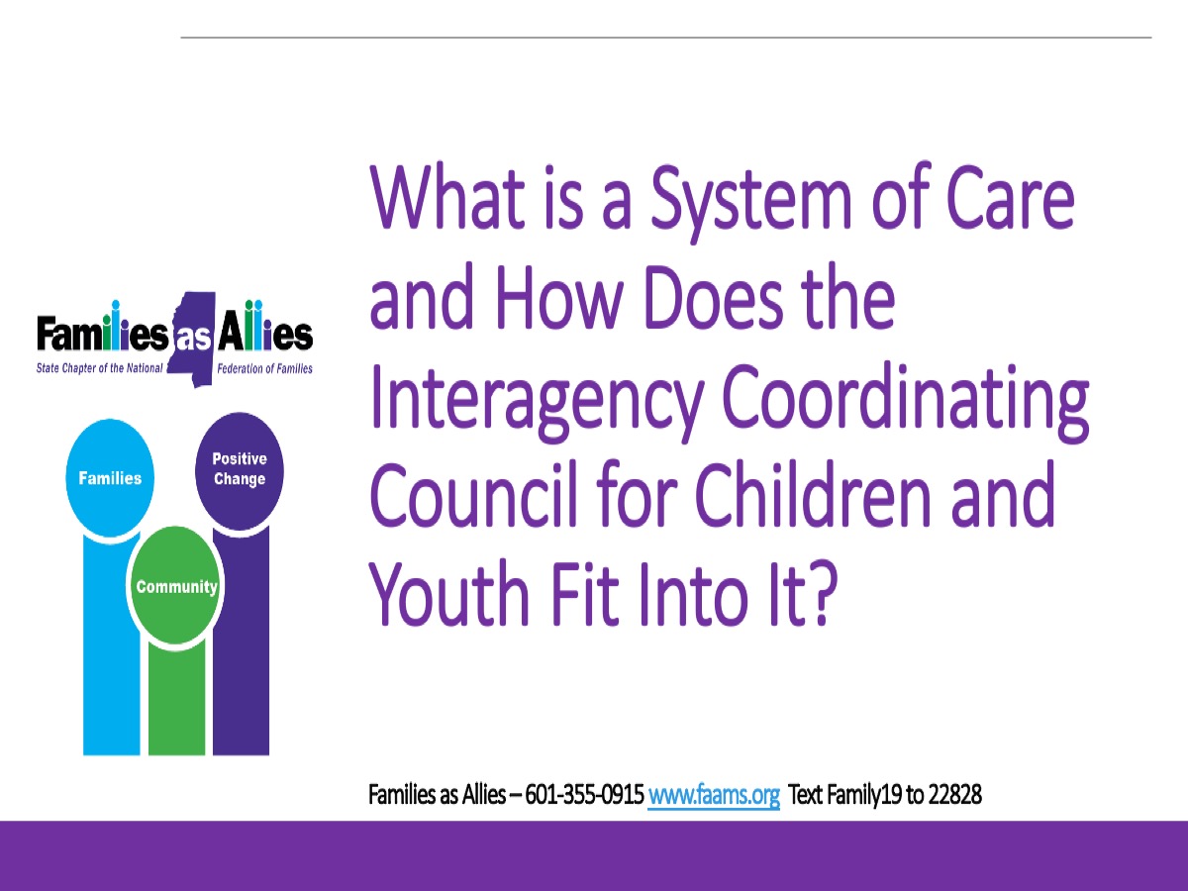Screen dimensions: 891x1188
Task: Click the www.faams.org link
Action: point(714,795)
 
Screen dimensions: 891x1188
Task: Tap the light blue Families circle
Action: point(110,478)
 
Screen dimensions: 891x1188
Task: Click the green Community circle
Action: point(176,586)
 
